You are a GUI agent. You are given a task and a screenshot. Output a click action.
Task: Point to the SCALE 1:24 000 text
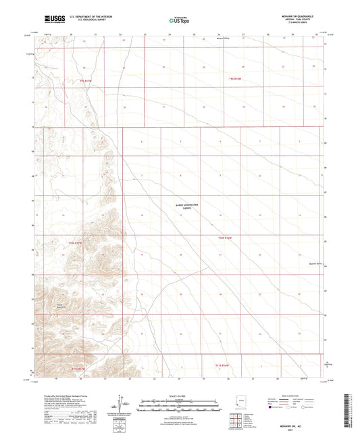tap(180, 395)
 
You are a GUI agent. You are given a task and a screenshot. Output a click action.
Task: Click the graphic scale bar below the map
tap(180, 403)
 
